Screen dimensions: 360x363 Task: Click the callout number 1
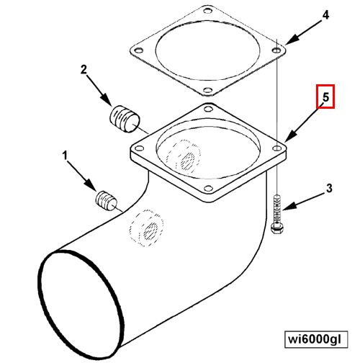(x=65, y=156)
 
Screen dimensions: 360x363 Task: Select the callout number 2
(x=84, y=70)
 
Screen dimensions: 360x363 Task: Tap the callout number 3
(x=329, y=188)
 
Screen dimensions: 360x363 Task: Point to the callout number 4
(x=325, y=15)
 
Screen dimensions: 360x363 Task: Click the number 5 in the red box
(x=325, y=97)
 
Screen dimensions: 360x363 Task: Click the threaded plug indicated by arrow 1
(x=107, y=201)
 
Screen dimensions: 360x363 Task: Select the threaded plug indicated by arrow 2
(x=125, y=119)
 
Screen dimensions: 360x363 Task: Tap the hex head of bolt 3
(x=276, y=228)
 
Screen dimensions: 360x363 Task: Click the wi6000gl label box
(x=316, y=339)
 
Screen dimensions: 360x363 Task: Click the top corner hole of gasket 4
(x=207, y=11)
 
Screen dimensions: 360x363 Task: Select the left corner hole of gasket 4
(x=138, y=50)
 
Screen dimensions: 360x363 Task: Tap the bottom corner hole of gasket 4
(x=208, y=90)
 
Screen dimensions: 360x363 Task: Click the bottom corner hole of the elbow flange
(x=208, y=188)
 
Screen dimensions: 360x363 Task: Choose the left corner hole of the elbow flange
(x=139, y=148)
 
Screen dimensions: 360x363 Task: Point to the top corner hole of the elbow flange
(x=208, y=109)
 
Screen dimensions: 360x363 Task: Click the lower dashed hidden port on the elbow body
(x=146, y=228)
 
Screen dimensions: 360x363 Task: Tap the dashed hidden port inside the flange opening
(x=184, y=157)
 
